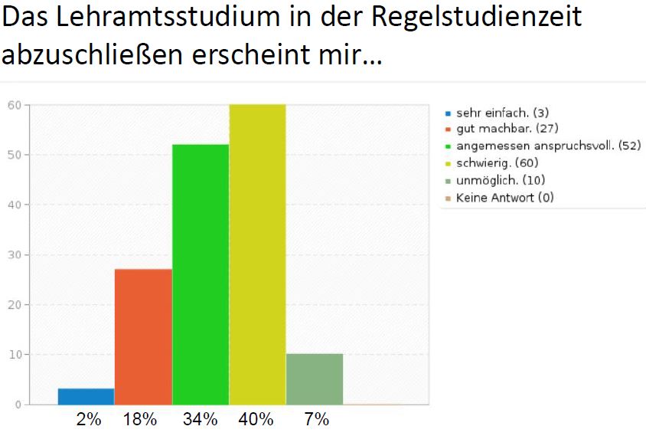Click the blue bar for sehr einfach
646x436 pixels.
(86, 396)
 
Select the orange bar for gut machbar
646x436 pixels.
(143, 336)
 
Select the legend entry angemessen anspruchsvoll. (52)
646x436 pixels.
(548, 146)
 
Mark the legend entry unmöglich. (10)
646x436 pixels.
(501, 180)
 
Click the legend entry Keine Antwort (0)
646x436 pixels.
(504, 197)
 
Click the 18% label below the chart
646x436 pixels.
(140, 419)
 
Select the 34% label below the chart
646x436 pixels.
(200, 419)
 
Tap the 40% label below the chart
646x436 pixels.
(256, 419)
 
